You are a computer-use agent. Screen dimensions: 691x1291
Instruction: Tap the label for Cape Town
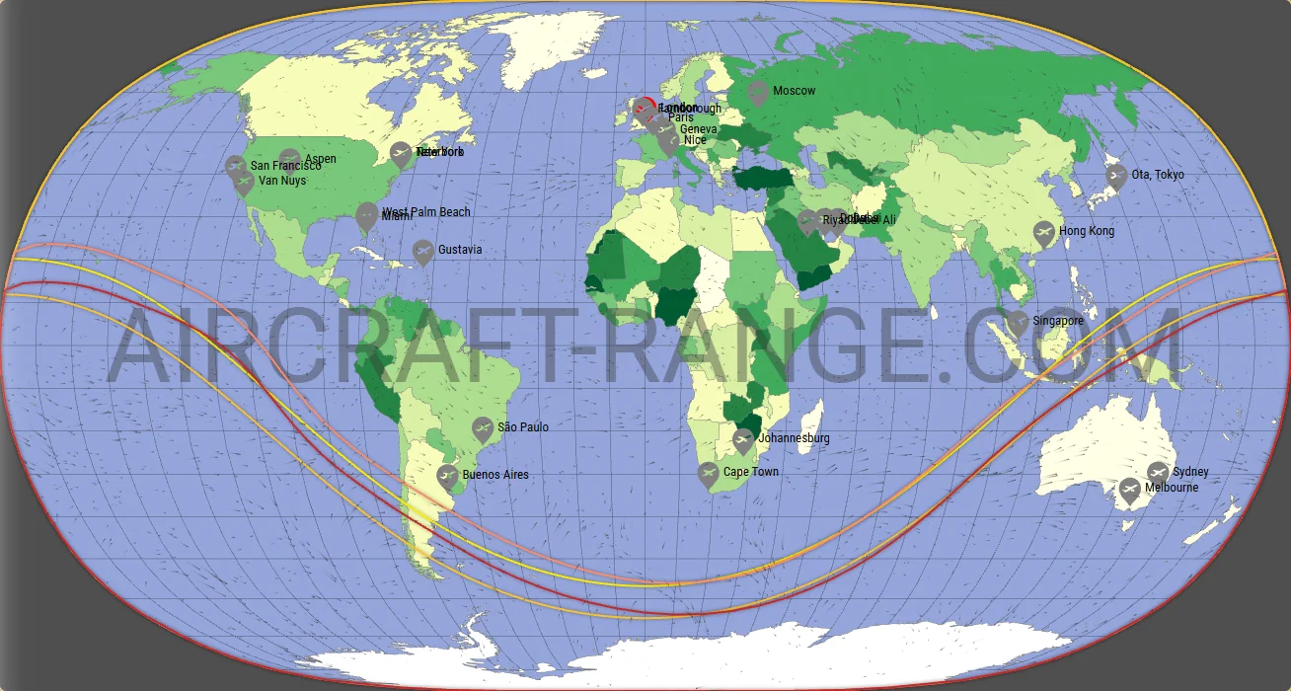[750, 472]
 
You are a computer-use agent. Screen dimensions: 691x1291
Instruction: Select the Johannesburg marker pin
[744, 440]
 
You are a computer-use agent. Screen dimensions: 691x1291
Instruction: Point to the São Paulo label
[523, 427]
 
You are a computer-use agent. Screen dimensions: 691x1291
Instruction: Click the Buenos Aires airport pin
[447, 477]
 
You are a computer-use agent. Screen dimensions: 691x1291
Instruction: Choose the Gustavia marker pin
[422, 252]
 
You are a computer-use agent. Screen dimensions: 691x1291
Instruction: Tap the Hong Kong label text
[1087, 231]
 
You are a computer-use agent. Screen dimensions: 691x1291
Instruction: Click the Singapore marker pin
[1018, 322]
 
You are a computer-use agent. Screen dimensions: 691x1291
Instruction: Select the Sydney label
[1190, 472]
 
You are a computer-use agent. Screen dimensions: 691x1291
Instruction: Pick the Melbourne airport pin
[1129, 490]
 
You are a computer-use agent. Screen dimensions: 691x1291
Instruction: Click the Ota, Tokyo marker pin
[1116, 177]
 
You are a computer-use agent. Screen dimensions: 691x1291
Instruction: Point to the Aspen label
[321, 159]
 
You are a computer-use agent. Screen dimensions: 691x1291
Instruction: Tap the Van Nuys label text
[281, 181]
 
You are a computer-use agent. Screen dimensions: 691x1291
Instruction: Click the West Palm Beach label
[426, 212]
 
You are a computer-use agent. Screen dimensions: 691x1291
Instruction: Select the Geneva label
[699, 129]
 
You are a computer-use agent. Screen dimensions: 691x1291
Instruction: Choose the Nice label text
[695, 140]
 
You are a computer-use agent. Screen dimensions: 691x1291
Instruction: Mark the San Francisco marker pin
[235, 166]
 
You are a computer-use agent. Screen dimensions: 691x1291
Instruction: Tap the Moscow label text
[795, 91]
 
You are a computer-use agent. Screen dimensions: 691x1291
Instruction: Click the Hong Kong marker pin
[1043, 233]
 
